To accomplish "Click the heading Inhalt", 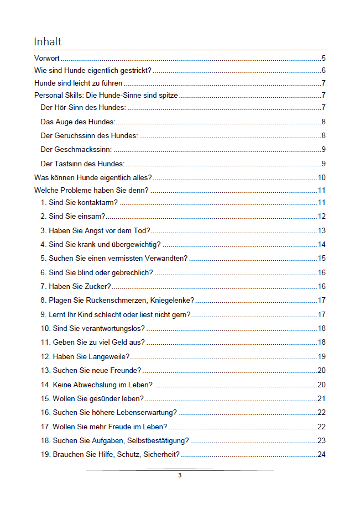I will pyautogui.click(x=48, y=41).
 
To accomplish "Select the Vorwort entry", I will pyautogui.click(x=47, y=57).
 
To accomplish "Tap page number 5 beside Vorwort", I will pyautogui.click(x=324, y=57).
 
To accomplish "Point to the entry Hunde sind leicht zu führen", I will pyautogui.click(x=78, y=83).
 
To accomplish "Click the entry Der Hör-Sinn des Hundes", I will pyautogui.click(x=83, y=107).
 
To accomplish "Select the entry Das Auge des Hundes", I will pyautogui.click(x=78, y=122).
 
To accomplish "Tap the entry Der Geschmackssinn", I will pyautogui.click(x=76, y=149).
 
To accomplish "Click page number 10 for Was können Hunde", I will pyautogui.click(x=321, y=177).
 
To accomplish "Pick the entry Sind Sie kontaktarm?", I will pyautogui.click(x=79, y=202).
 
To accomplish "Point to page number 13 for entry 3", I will pyautogui.click(x=321, y=230).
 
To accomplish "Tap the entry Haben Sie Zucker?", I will pyautogui.click(x=76, y=286).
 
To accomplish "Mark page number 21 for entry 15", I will pyautogui.click(x=321, y=398).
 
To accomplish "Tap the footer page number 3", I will pyautogui.click(x=180, y=475).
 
